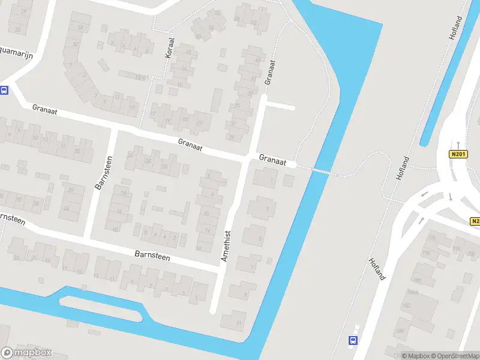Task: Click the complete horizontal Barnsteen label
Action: [152, 257]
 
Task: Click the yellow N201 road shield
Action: [458, 154]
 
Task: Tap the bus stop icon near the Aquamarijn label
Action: [4, 91]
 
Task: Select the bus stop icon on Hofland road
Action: [352, 340]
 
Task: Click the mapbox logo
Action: [27, 352]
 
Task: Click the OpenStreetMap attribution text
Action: [453, 356]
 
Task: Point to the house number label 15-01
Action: [141, 77]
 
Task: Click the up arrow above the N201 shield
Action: [458, 144]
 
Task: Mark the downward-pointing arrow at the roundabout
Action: [450, 196]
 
